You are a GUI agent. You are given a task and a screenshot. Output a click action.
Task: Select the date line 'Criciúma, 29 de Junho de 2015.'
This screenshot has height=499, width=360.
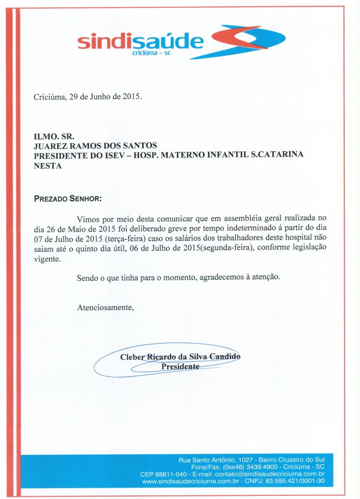point(88,97)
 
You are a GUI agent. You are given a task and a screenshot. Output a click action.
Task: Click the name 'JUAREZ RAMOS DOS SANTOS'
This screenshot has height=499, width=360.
point(95,146)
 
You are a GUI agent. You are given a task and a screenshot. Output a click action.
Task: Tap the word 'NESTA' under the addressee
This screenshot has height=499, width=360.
point(48,166)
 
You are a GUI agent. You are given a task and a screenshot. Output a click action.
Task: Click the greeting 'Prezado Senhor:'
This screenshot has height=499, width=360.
point(68,198)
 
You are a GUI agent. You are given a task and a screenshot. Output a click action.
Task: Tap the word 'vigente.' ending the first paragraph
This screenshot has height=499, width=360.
point(46,259)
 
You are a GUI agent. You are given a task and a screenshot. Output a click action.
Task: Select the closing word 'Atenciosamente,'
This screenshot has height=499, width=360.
point(105,308)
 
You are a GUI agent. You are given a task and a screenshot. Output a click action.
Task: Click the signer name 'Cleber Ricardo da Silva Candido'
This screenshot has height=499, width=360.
point(180,357)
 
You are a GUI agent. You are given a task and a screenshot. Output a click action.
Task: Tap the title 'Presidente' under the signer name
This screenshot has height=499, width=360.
point(180,366)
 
